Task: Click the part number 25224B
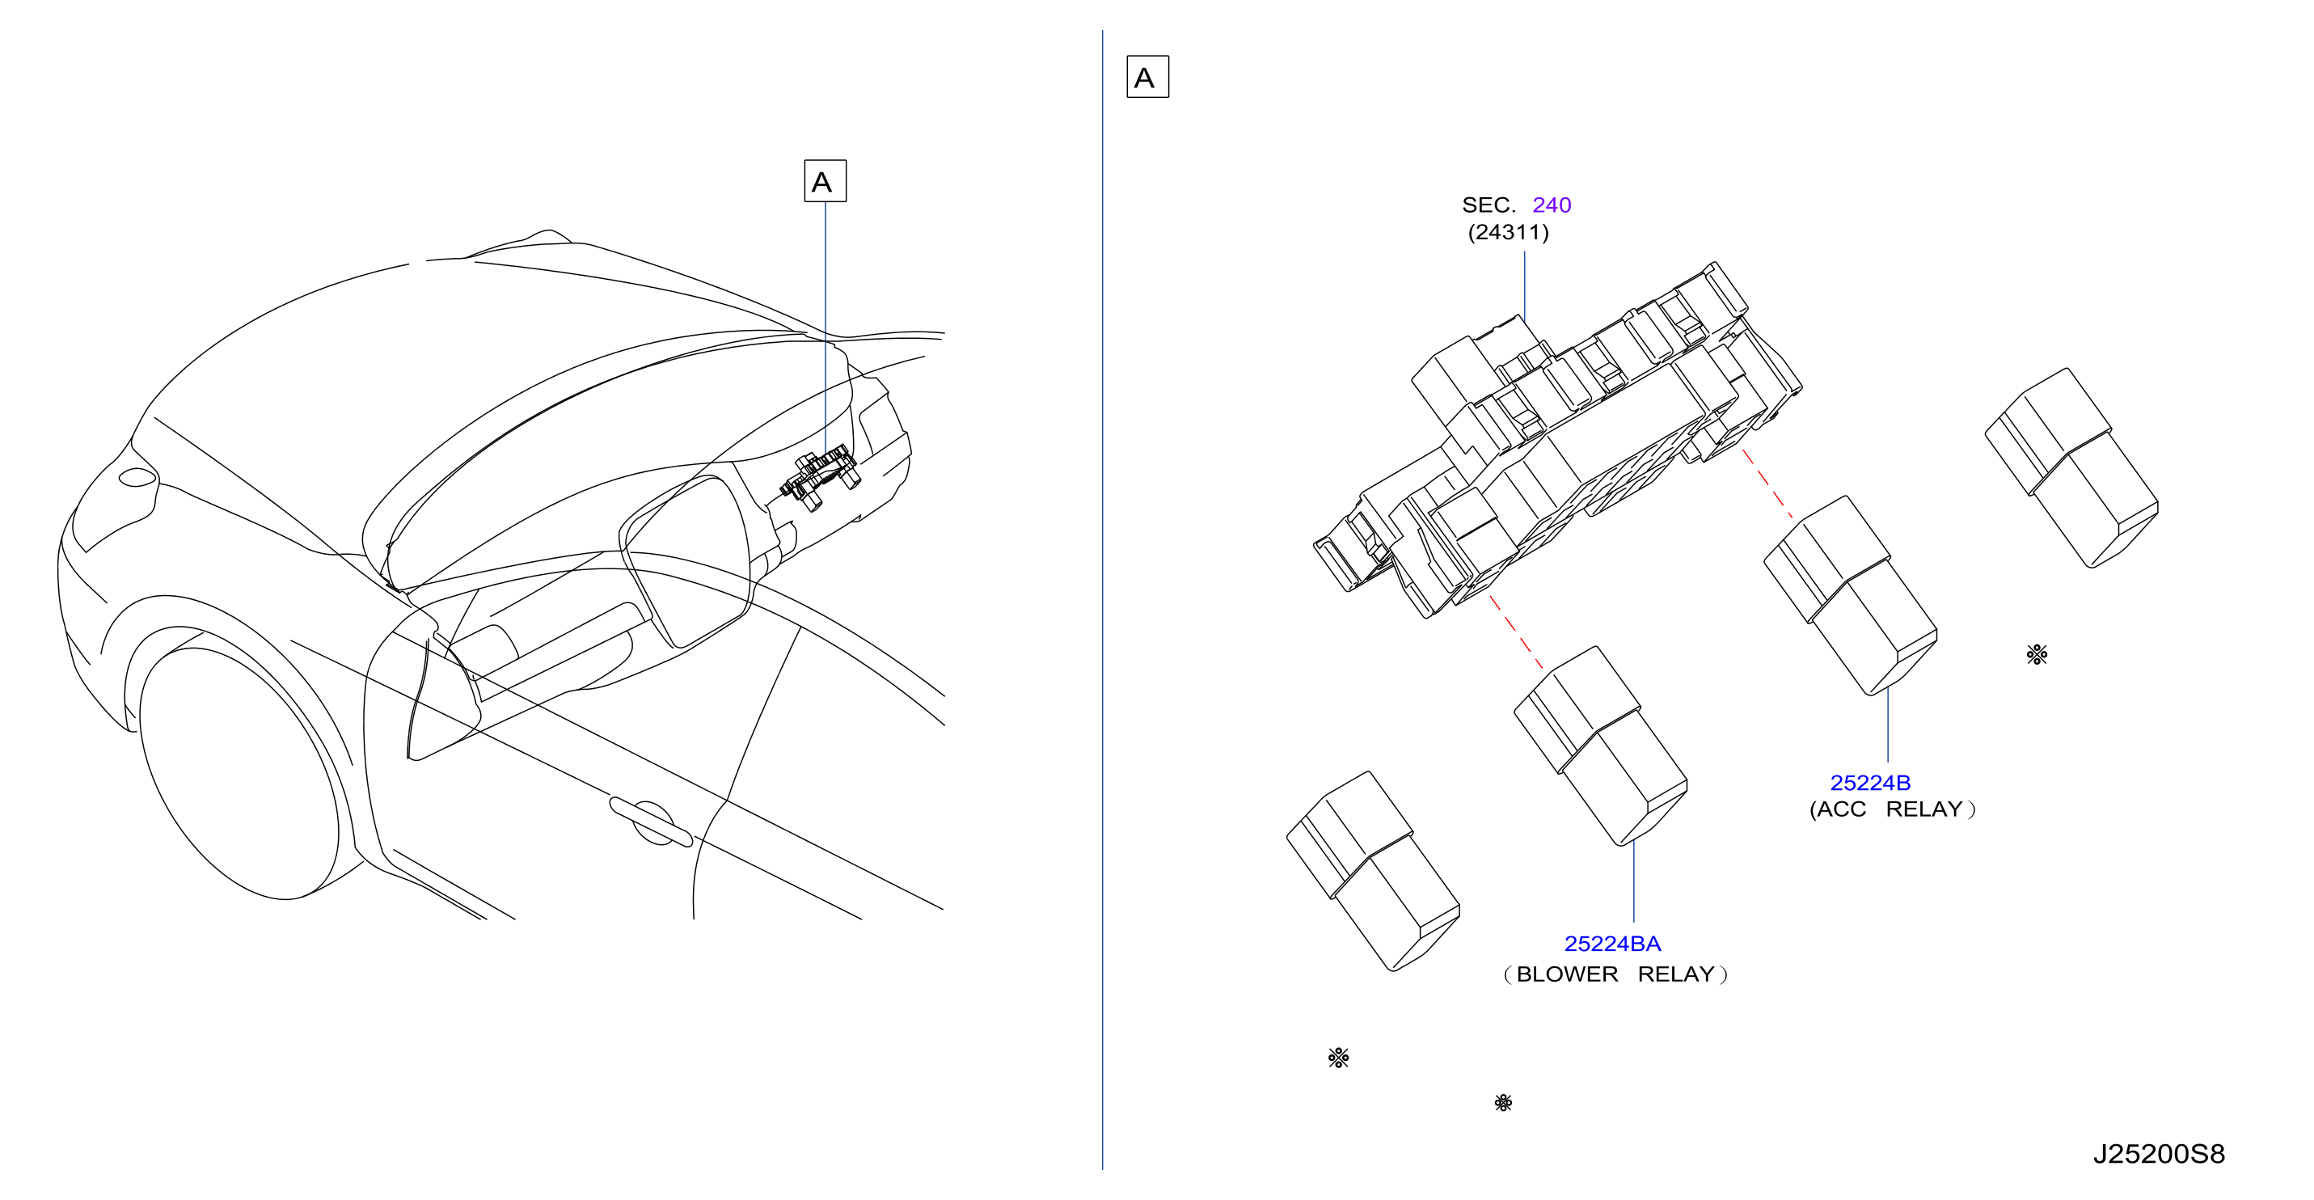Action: (x=1870, y=784)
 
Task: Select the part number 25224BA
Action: (x=1612, y=944)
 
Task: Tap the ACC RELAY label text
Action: (x=1892, y=809)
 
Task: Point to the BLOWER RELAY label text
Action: (x=1615, y=974)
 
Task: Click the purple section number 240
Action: (x=1552, y=205)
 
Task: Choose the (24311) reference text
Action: (x=1508, y=233)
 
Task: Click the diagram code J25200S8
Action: (x=2159, y=1154)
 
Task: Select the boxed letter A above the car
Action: (x=825, y=181)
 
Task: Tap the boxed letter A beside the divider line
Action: (x=1147, y=78)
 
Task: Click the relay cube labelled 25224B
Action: (x=1851, y=595)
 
